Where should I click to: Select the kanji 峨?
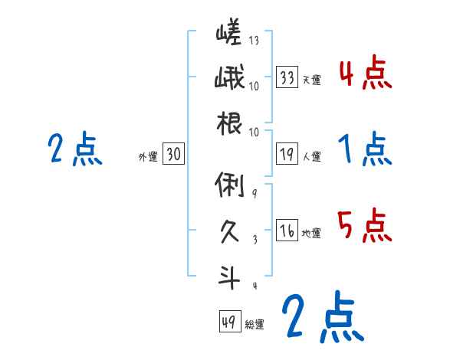tap(228, 79)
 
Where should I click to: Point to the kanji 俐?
tap(228, 185)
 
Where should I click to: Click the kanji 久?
tap(228, 229)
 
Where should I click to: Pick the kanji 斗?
tap(228, 277)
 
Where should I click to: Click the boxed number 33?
tap(287, 77)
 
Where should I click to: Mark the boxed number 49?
tap(229, 322)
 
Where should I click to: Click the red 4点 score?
tap(365, 75)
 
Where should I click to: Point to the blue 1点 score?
tap(365, 150)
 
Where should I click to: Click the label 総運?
tap(255, 325)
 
